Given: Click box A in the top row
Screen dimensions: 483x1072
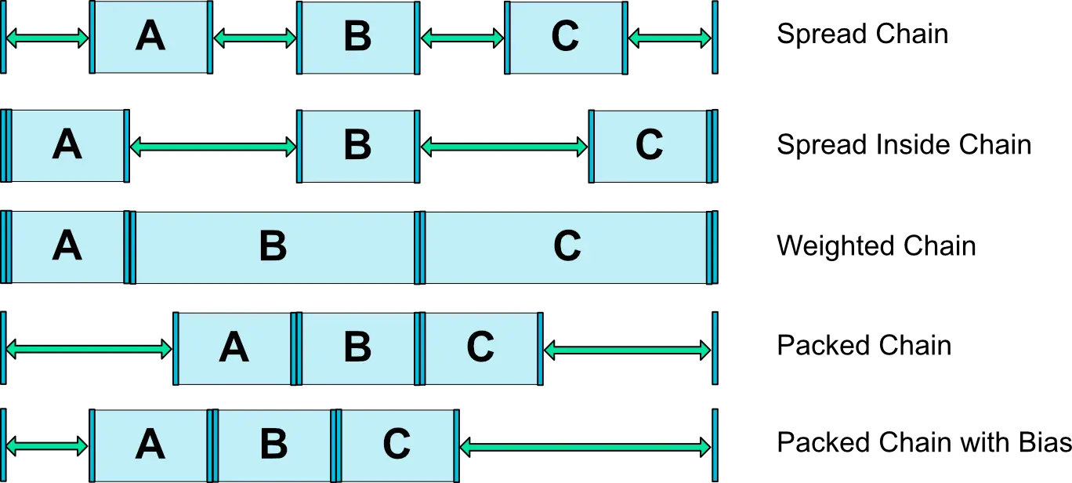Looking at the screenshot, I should point(150,38).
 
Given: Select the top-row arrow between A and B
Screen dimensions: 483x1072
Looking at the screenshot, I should point(254,38).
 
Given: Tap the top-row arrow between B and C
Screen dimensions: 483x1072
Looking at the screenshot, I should point(462,38).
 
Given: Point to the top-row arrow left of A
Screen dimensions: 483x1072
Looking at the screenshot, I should point(47,38).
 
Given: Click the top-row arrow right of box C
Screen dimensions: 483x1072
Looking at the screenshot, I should point(670,38).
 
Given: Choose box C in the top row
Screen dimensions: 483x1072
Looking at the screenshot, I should point(566,38).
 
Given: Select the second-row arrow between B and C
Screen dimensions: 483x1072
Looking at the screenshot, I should point(504,147).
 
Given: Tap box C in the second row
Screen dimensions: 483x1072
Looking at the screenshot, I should point(649,146).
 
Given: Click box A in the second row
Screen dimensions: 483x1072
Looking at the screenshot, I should point(67,146).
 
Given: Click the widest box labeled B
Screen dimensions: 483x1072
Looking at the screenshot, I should point(273,247).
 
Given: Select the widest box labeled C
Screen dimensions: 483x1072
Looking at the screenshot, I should point(567,247).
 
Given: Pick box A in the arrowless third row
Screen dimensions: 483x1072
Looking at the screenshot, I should point(67,247).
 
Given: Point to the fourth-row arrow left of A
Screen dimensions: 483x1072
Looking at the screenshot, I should point(89,350).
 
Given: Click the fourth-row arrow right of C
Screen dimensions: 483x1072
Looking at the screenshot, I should point(627,350).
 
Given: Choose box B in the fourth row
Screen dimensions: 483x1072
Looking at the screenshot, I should point(357,348).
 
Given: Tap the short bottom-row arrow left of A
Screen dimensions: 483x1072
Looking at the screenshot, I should point(47,446).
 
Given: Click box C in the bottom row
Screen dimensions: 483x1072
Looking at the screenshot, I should point(397,445).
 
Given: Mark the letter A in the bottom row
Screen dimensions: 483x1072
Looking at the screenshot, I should point(150,445).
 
